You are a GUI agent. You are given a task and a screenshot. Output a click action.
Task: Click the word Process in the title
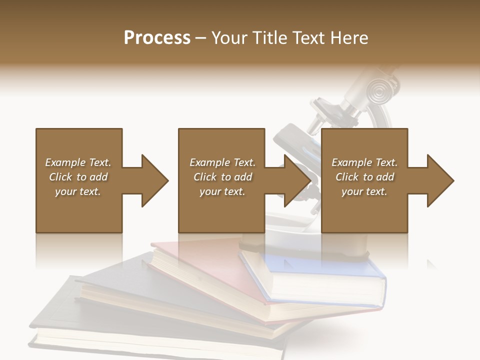(157, 38)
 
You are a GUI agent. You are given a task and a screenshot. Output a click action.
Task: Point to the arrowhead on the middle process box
(297, 180)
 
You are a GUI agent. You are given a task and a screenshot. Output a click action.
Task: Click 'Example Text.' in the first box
(78, 162)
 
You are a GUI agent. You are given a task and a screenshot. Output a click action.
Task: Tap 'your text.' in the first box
(78, 191)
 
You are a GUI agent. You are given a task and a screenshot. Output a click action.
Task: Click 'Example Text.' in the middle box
(222, 162)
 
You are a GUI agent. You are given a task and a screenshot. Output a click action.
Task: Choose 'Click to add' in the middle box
(222, 177)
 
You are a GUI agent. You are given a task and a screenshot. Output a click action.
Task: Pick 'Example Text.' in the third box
(364, 162)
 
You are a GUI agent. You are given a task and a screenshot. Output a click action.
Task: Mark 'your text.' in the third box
(364, 191)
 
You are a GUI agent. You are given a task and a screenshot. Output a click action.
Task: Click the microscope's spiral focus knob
(377, 90)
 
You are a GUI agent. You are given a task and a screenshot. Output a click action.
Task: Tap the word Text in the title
(309, 38)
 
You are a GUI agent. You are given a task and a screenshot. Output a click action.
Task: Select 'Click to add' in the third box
(364, 177)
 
